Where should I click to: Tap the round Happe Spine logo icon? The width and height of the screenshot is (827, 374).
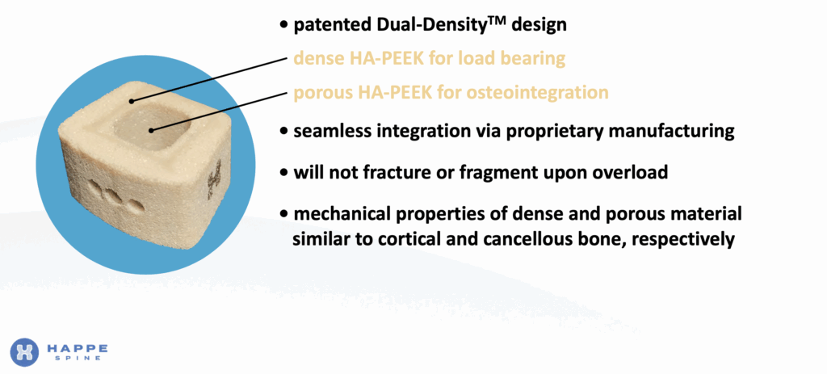[x=24, y=352]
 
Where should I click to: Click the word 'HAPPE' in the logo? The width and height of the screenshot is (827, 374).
[x=77, y=348]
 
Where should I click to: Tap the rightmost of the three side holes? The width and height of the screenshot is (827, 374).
[x=135, y=206]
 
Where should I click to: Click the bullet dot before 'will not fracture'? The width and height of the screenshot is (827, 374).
[x=285, y=173]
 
